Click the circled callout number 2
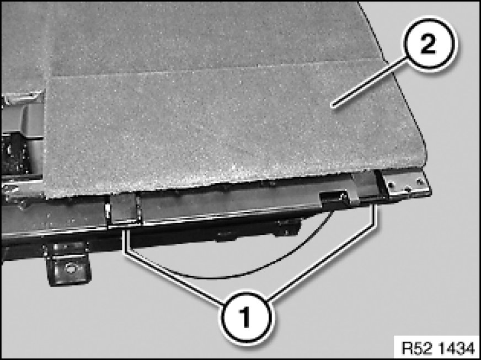[x=430, y=45]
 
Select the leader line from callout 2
[x=370, y=83]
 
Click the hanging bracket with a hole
[x=68, y=264]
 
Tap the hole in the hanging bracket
[x=70, y=268]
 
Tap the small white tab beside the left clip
[x=108, y=211]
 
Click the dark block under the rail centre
[x=288, y=227]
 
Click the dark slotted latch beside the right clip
[x=335, y=198]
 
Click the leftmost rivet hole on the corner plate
[x=391, y=185]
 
